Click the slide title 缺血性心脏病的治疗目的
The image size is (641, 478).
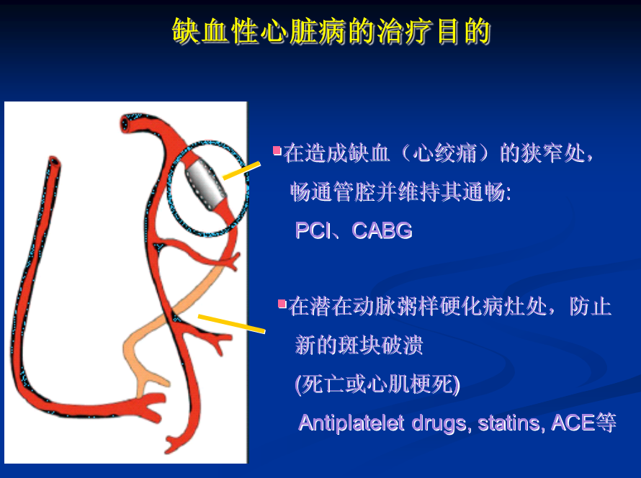tap(331, 31)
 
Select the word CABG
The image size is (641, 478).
tap(382, 230)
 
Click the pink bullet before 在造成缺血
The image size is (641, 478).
tap(277, 150)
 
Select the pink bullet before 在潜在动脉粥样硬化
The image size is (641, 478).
tap(282, 304)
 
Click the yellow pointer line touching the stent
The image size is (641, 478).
tap(241, 171)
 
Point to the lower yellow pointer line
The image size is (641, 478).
tap(231, 323)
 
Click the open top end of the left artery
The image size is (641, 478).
tap(54, 161)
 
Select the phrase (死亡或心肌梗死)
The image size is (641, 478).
tap(377, 384)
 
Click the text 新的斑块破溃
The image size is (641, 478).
tap(359, 346)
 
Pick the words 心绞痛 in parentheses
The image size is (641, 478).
tap(444, 154)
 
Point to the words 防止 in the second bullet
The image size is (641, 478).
tap(591, 307)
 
